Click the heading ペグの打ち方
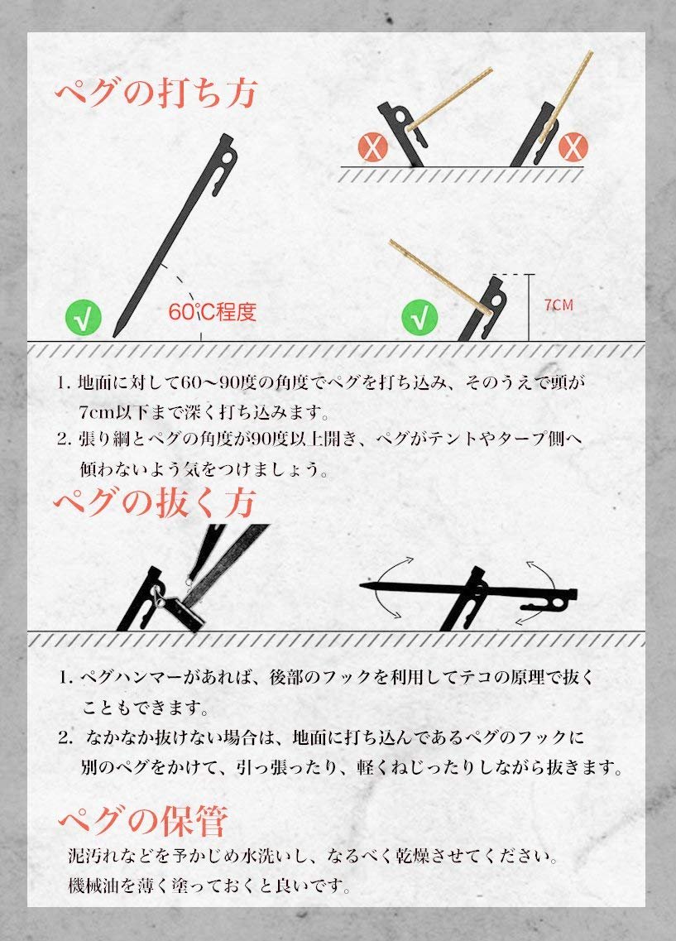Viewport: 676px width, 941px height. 156,93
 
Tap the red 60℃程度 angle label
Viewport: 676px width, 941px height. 212,312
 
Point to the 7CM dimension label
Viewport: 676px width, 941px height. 559,305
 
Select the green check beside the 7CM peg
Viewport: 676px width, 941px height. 420,317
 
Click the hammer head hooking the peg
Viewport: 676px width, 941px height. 183,613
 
